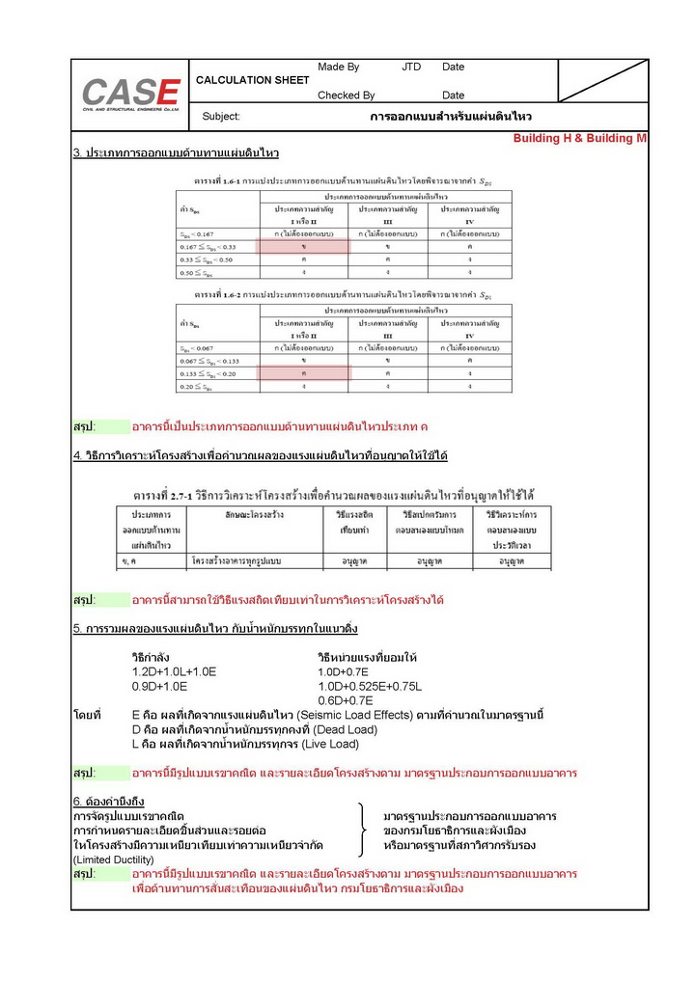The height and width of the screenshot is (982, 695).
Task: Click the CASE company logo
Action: point(131,95)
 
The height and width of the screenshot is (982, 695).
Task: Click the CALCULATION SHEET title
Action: point(252,80)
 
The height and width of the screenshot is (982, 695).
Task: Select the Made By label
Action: point(338,67)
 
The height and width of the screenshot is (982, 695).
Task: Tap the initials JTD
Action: point(411,67)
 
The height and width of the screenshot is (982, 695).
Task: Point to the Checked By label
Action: point(346,95)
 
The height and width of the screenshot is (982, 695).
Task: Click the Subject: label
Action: point(221,117)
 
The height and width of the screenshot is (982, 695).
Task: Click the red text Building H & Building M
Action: point(579,139)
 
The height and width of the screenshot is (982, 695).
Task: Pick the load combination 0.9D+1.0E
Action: point(159,686)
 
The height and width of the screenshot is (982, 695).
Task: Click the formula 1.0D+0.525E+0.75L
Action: point(370,686)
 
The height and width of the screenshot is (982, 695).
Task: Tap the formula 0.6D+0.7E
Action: point(345,700)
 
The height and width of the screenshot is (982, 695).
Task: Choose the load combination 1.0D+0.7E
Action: point(345,671)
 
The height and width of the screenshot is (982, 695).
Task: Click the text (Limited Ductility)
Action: point(113,859)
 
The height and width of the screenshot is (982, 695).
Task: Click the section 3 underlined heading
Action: point(176,153)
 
